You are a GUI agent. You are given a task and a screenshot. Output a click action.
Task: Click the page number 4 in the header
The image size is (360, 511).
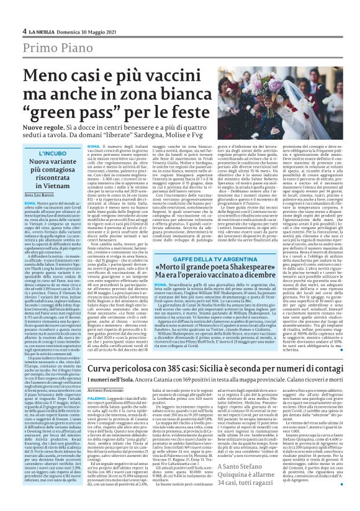click(x=24, y=30)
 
